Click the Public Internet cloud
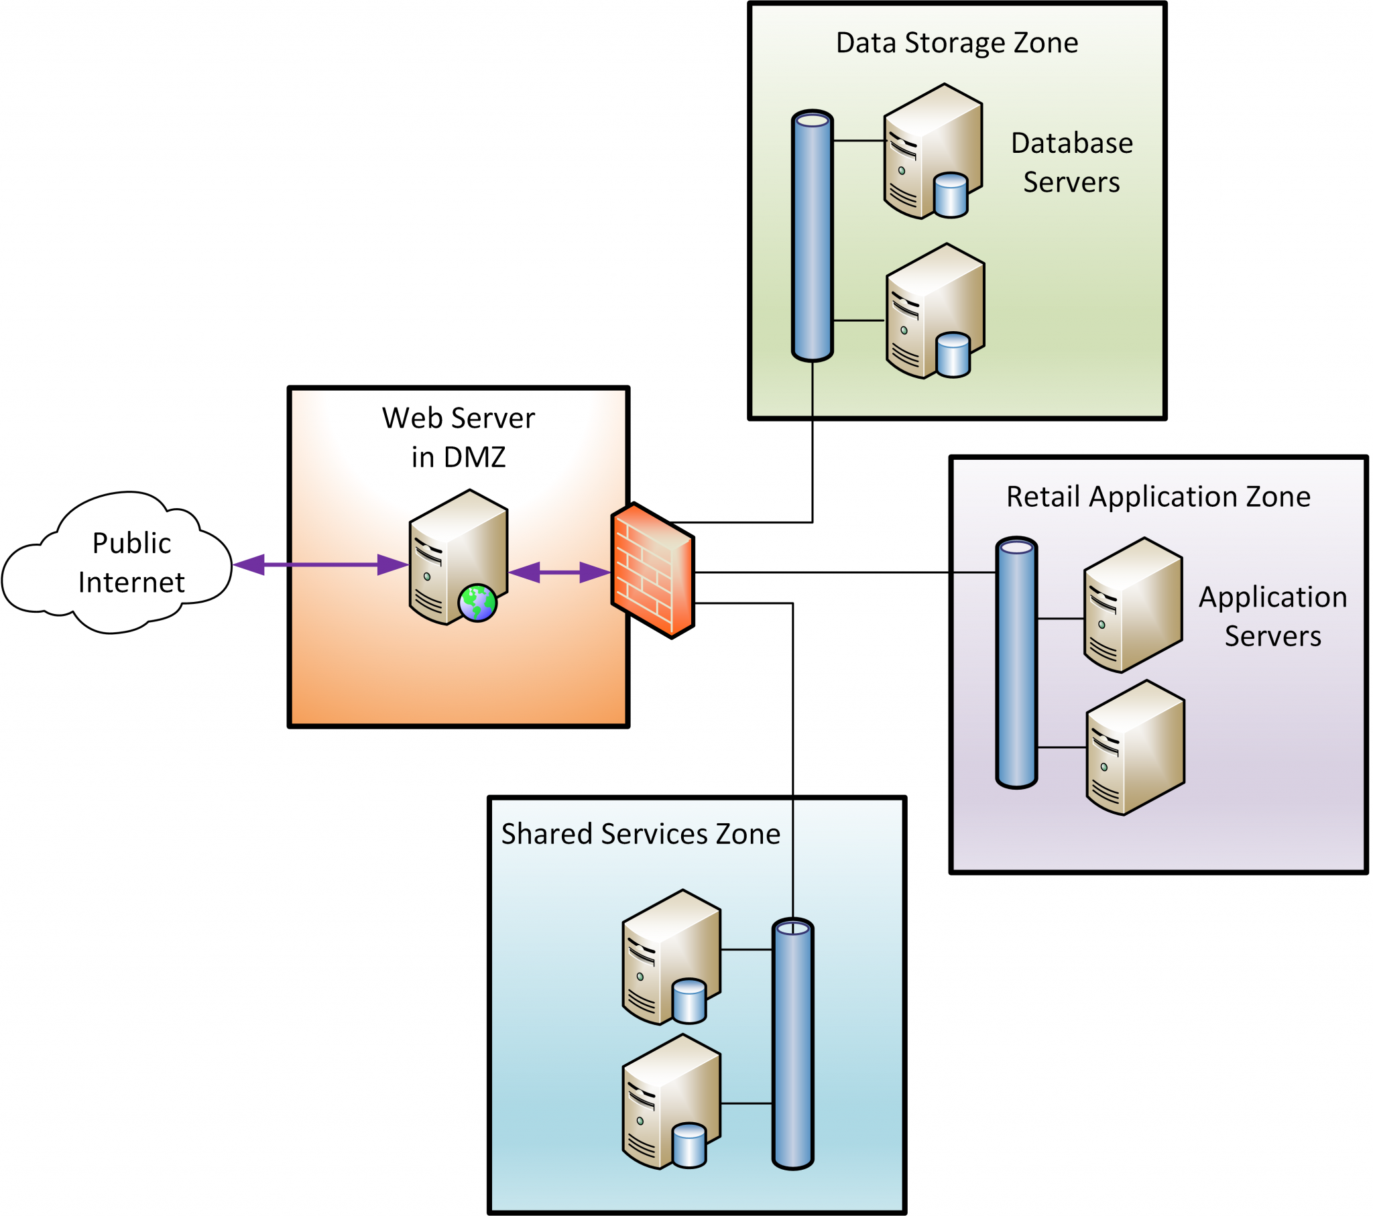tap(117, 563)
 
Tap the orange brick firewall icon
tap(652, 571)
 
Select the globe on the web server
tap(477, 603)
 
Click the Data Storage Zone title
tap(957, 43)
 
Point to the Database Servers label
tap(1071, 163)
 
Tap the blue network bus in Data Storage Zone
tap(812, 235)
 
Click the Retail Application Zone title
tap(1158, 497)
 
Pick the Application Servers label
tap(1272, 616)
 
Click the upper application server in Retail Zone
tap(1132, 605)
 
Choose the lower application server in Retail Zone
tap(1135, 747)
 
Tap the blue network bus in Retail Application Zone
tap(1016, 662)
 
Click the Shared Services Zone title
tap(640, 834)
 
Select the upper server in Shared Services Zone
tap(671, 957)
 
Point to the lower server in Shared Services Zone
tap(671, 1101)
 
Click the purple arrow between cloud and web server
tap(321, 564)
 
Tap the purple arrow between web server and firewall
tap(559, 572)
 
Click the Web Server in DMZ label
tap(458, 437)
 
